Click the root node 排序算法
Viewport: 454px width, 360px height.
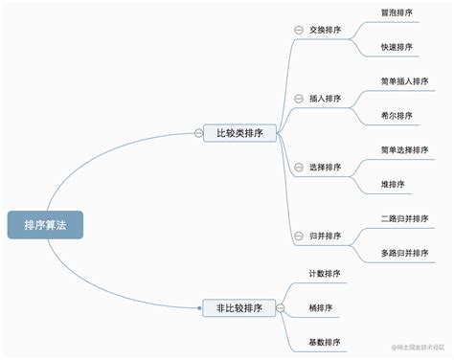click(x=46, y=225)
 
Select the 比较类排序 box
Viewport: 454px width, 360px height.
click(x=239, y=133)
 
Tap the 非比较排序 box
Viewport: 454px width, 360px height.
click(x=239, y=307)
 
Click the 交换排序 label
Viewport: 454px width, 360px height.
click(x=325, y=29)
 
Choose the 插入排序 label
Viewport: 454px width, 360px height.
click(x=325, y=98)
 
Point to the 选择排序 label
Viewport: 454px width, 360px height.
click(x=325, y=167)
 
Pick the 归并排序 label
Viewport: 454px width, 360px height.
click(x=325, y=236)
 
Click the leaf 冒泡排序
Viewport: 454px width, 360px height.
click(x=397, y=12)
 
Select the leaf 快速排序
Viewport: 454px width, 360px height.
click(x=397, y=46)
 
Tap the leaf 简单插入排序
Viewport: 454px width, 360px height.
click(x=403, y=81)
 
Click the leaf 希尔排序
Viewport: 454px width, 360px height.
click(x=397, y=115)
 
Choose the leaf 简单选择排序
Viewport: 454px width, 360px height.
click(x=403, y=150)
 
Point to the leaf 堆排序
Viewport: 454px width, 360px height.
click(x=393, y=184)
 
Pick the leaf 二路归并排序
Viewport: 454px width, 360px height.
click(x=403, y=219)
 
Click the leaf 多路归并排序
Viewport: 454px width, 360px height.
click(x=403, y=253)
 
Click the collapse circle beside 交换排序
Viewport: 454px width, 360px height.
click(x=299, y=30)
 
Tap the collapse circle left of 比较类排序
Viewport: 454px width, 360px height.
click(x=198, y=133)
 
